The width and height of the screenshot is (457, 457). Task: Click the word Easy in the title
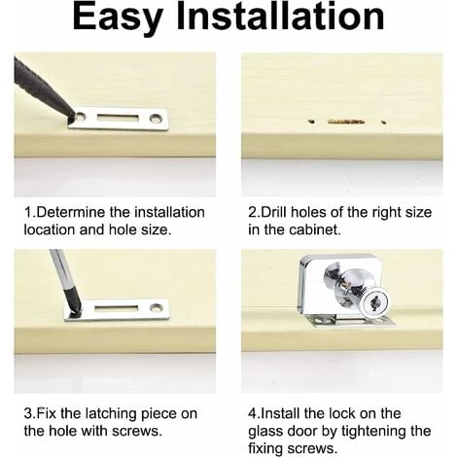point(119,17)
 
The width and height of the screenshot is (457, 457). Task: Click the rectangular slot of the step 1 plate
point(118,118)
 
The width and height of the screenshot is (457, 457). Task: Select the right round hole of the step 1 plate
point(156,119)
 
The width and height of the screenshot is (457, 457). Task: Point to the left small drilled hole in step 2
point(311,122)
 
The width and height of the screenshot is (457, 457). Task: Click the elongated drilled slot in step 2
point(346,122)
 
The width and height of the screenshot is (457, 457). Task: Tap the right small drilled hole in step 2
point(383,123)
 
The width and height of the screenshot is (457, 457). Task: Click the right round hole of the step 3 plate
point(157,306)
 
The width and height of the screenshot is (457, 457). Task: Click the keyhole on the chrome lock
point(375,303)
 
